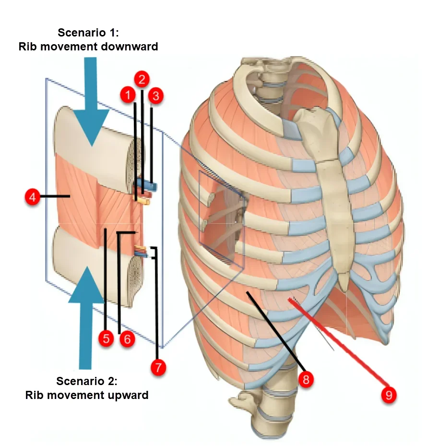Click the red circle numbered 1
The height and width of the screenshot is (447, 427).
click(128, 95)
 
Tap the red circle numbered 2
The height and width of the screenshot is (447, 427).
click(142, 79)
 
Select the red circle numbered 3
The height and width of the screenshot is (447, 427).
click(156, 96)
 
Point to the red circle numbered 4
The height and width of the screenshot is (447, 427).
click(32, 197)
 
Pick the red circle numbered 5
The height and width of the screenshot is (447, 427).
click(106, 338)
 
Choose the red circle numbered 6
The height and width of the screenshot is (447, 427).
click(127, 339)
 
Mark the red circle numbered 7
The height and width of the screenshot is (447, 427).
click(158, 367)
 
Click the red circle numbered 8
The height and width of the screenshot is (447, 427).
click(306, 379)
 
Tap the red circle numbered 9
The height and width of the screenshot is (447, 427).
click(389, 395)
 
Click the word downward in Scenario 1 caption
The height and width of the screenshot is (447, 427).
click(130, 47)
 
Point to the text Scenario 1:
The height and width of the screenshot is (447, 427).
click(88, 33)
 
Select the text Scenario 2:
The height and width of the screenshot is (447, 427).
click(86, 381)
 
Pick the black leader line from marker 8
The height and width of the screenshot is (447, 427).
click(274, 333)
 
